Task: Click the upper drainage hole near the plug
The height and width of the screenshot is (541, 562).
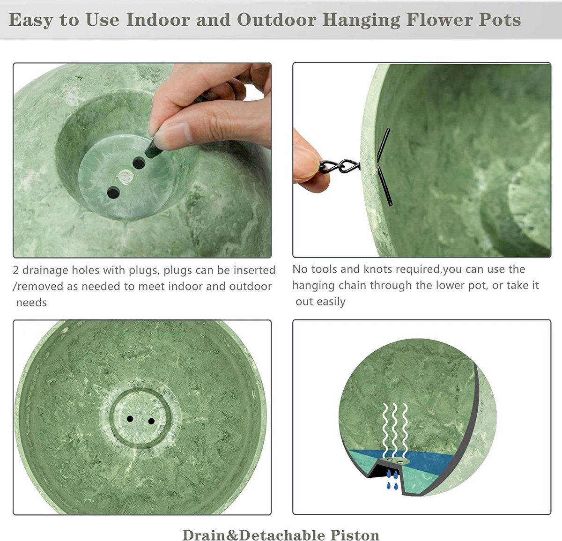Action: (x=139, y=163)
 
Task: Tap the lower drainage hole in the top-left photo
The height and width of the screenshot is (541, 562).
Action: (x=113, y=193)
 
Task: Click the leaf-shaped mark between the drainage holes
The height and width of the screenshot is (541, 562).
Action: (x=126, y=177)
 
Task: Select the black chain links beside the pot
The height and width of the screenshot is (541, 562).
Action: (x=340, y=166)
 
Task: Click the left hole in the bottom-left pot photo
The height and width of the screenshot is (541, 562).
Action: (x=130, y=419)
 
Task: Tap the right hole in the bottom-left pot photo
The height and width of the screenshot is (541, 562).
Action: (x=151, y=421)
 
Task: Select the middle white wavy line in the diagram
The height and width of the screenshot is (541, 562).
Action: (x=394, y=430)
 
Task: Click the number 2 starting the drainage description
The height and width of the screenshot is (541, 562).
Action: (x=16, y=270)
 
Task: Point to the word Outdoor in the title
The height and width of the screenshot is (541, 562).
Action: (x=277, y=20)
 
